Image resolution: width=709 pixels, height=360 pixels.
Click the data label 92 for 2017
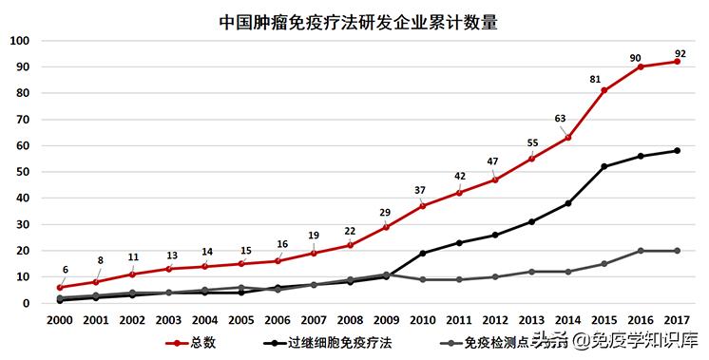point(680,52)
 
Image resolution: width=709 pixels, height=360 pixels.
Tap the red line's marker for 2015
point(604,90)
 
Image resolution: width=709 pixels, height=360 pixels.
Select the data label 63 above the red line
point(561,119)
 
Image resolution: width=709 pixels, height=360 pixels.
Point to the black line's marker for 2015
point(604,166)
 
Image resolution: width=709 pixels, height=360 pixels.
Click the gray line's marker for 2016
point(641,251)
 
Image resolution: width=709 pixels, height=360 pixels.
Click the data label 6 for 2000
point(65,270)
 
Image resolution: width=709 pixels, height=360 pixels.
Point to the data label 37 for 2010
point(420,189)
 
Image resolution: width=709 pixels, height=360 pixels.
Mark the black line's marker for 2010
point(423,254)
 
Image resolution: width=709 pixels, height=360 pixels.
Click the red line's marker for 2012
point(495,180)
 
